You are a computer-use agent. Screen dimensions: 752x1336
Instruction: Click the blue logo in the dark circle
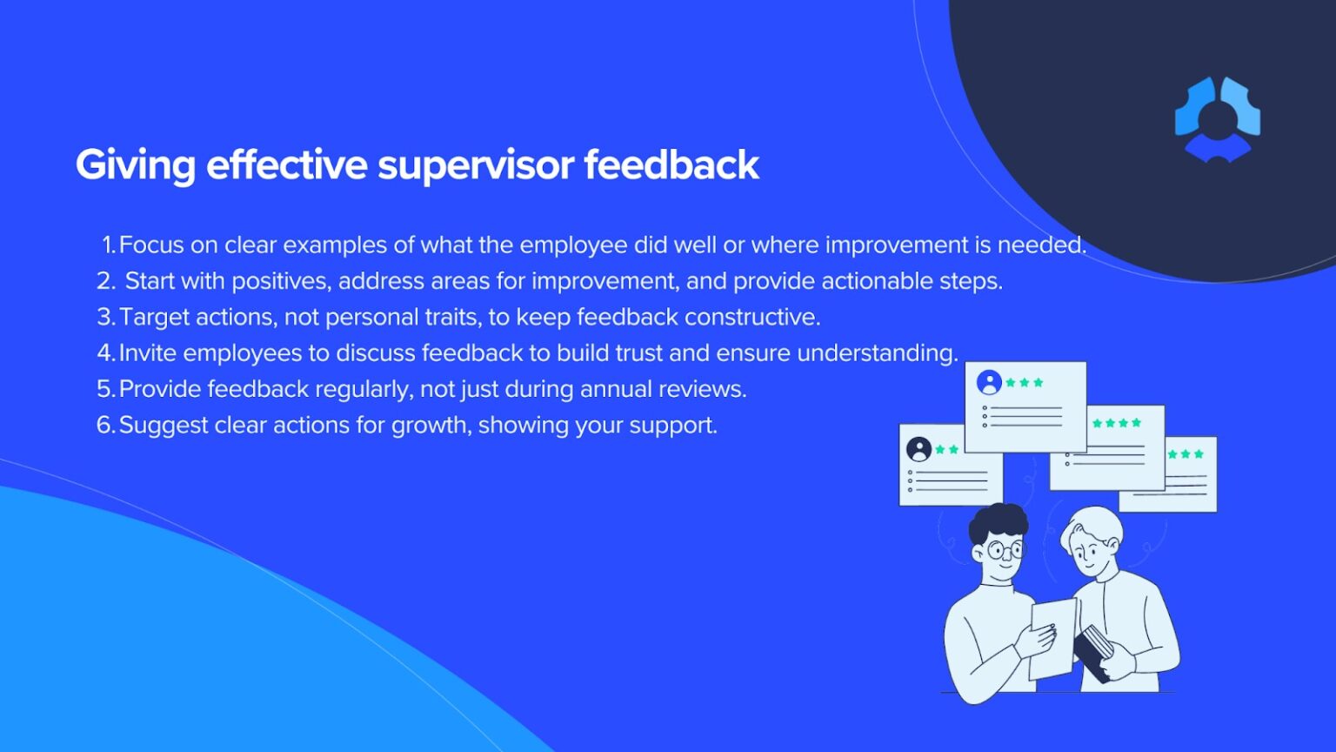(1217, 119)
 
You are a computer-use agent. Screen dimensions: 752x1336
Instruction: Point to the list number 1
(108, 245)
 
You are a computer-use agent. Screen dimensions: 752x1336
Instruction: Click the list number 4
(105, 353)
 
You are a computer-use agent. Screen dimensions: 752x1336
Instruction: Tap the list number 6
(105, 426)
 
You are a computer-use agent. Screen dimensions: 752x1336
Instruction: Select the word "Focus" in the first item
(150, 245)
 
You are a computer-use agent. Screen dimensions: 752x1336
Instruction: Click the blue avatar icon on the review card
(989, 383)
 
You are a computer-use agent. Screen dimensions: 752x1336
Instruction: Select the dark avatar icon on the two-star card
(918, 449)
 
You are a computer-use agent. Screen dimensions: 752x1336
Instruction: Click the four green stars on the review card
(1117, 423)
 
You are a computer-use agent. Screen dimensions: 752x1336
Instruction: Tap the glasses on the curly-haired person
(1004, 550)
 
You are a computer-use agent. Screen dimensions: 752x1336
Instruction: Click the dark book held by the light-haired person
(1092, 650)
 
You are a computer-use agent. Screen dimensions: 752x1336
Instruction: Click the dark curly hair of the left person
(999, 522)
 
